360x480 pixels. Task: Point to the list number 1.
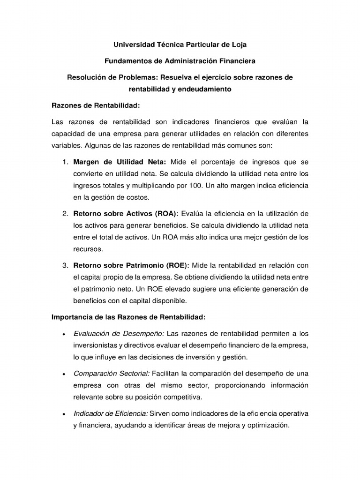(x=65, y=162)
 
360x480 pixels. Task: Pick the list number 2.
(x=65, y=214)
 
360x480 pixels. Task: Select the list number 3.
(x=65, y=265)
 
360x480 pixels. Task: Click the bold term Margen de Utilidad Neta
(x=120, y=162)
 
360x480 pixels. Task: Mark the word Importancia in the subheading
(x=72, y=317)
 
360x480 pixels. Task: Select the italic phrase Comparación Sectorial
(x=112, y=374)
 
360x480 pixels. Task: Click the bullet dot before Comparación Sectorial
(x=63, y=375)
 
